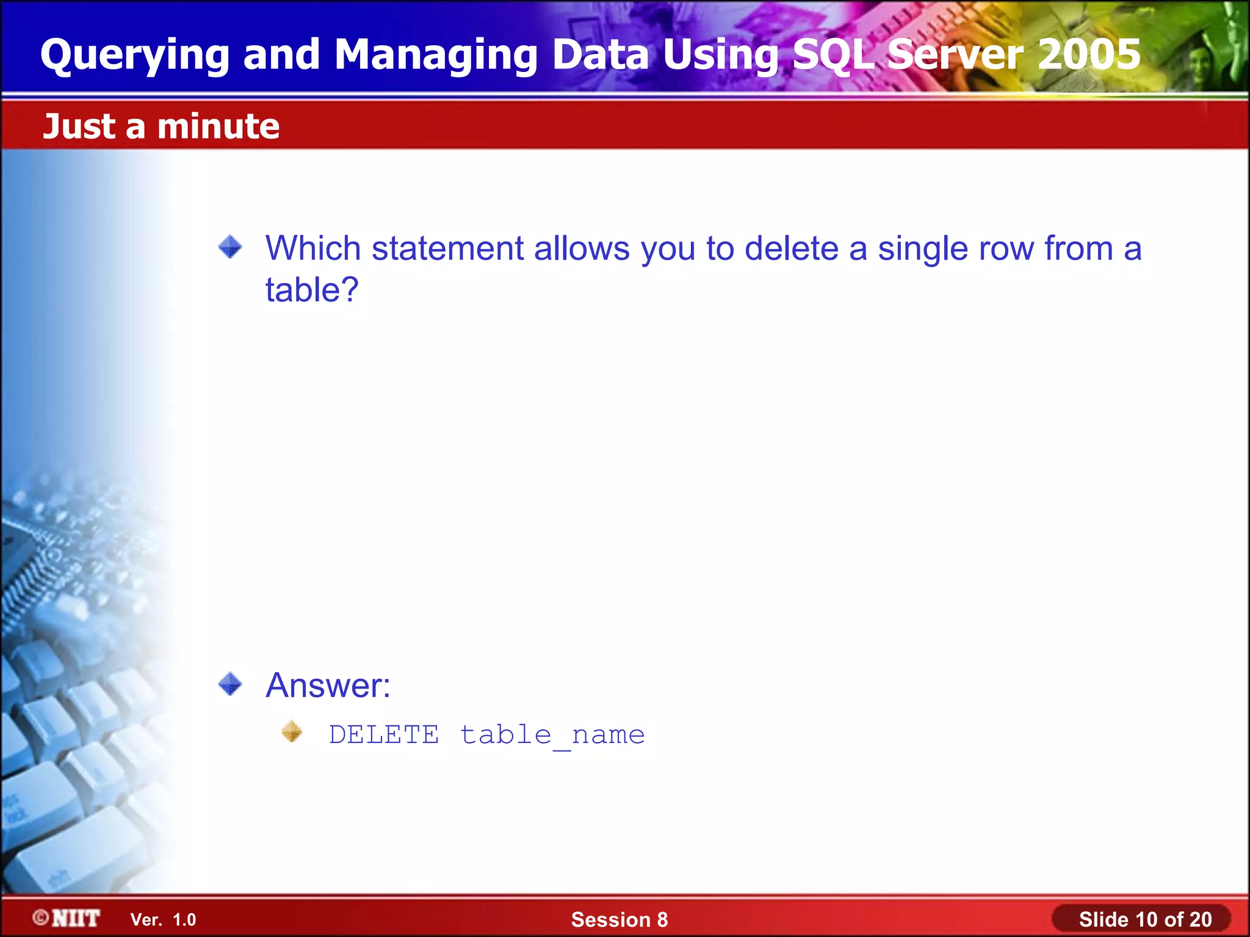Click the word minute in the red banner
218,127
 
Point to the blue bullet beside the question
230,247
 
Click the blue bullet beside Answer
230,684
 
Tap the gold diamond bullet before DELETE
292,731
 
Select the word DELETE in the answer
383,734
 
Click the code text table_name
552,735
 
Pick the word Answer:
328,685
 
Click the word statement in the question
447,249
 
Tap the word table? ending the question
311,290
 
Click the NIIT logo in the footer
67,918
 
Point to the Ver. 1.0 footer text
163,920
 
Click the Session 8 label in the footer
619,920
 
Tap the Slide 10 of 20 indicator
1144,919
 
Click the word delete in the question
791,249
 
